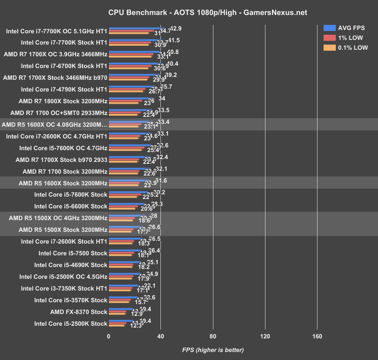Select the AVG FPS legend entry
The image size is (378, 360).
[351, 28]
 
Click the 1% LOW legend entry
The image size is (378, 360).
[350, 38]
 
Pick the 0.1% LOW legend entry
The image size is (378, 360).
[353, 47]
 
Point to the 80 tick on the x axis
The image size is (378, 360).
[213, 336]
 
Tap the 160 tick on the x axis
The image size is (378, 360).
[317, 336]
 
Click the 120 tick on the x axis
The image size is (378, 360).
[265, 336]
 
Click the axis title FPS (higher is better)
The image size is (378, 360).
[213, 350]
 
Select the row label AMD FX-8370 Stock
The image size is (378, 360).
[79, 312]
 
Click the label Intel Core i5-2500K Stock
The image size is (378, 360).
[71, 323]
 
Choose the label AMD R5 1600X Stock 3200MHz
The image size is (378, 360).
[63, 183]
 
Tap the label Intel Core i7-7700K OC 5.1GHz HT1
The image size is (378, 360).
[57, 32]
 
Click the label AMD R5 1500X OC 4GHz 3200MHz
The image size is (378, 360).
[58, 218]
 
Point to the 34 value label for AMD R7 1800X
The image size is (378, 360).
[162, 99]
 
